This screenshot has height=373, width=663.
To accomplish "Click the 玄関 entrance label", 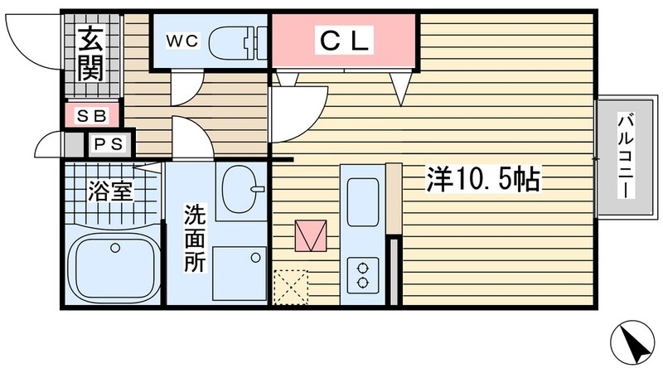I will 90,55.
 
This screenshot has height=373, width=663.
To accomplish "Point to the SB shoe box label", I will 91,115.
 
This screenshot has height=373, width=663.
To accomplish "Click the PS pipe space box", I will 108,144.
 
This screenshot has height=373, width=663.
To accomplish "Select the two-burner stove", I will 363,273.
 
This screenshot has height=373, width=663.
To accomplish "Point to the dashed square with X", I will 290,287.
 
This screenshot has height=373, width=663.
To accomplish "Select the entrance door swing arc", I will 33,37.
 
